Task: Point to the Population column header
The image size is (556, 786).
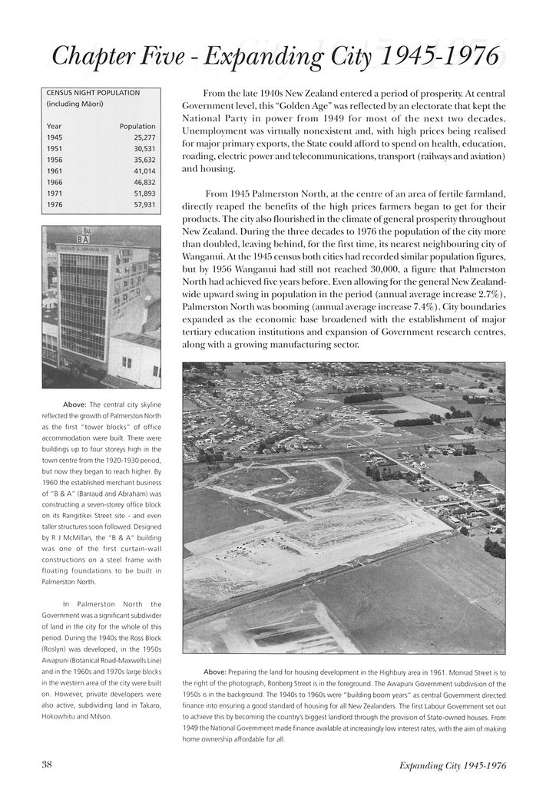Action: [138, 126]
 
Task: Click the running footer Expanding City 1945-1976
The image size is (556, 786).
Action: [452, 765]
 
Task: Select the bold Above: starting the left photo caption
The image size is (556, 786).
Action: [74, 405]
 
